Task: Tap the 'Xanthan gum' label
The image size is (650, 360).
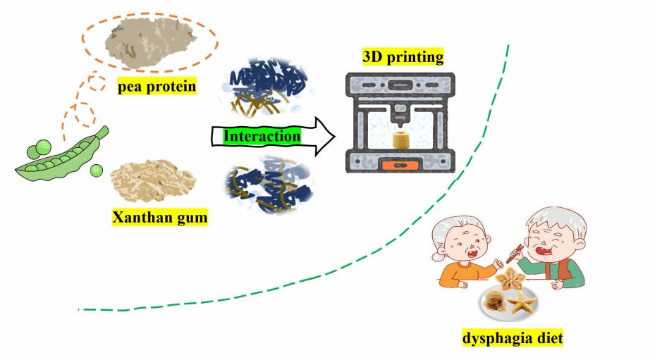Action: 160,217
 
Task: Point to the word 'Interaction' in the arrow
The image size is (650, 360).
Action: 262,136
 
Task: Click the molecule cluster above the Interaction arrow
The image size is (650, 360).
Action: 266,88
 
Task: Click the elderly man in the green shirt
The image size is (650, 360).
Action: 557,246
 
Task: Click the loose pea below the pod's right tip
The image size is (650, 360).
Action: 96,171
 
